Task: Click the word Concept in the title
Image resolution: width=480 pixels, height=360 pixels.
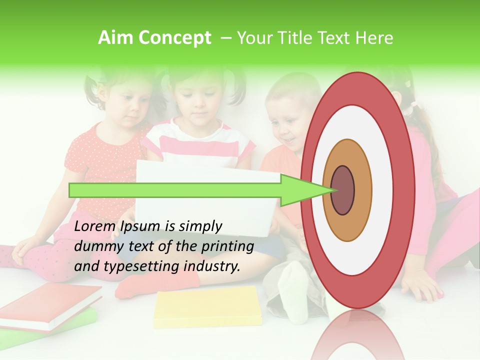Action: (x=174, y=38)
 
